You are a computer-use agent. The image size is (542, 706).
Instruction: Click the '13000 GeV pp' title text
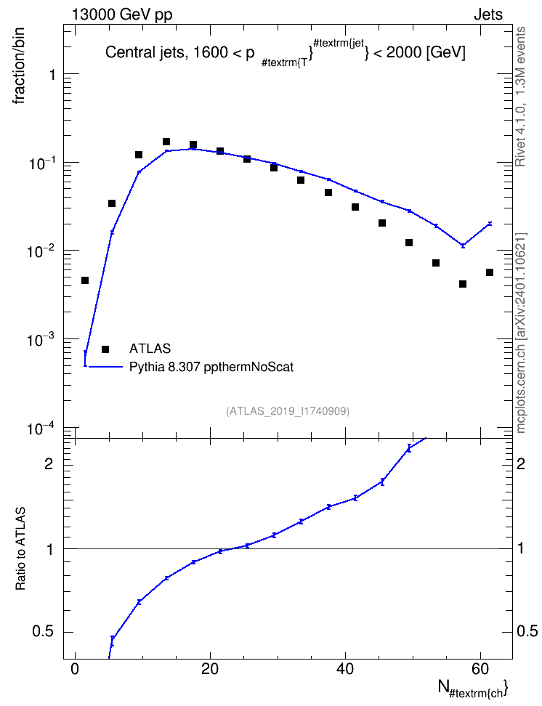tap(122, 15)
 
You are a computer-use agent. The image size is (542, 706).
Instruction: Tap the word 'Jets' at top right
tap(488, 15)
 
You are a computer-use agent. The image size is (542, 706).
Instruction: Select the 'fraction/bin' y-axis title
tap(18, 66)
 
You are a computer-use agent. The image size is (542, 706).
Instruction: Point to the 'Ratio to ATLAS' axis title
tap(20, 549)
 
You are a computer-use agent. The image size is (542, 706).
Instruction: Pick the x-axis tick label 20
tap(210, 669)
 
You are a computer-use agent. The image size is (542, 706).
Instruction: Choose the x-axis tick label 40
tap(345, 669)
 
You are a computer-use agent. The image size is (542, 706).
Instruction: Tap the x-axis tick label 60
tap(480, 669)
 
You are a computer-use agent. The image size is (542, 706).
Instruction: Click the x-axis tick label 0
tap(76, 669)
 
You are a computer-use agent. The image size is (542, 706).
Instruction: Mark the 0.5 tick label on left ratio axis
tap(44, 632)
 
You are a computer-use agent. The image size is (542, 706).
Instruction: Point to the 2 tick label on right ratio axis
tap(521, 463)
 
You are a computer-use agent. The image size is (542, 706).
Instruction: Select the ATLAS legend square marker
tap(105, 349)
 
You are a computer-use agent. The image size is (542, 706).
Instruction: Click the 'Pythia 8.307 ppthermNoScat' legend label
tap(211, 367)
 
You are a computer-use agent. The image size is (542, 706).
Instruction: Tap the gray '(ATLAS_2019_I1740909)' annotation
tap(288, 411)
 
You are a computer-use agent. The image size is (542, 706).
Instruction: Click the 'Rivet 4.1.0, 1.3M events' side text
tap(520, 97)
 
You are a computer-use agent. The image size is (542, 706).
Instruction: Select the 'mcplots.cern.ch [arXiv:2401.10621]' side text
tap(521, 333)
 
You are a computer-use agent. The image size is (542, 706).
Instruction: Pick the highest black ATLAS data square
tap(166, 142)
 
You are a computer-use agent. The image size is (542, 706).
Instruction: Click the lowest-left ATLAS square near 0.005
tap(85, 280)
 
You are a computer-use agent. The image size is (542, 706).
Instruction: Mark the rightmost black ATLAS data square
tap(490, 272)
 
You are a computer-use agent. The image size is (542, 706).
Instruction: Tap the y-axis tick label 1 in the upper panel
tap(52, 75)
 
